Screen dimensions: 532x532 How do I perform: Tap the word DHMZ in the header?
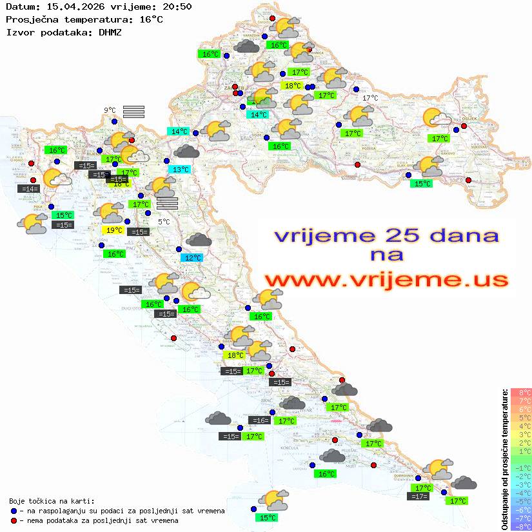(110, 32)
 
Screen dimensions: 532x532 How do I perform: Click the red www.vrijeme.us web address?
(386, 280)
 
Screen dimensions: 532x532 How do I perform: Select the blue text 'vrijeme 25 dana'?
(386, 235)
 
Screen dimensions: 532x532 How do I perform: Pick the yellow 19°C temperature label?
(113, 230)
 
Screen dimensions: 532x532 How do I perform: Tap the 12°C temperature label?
(192, 258)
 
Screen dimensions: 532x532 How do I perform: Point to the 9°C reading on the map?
(110, 110)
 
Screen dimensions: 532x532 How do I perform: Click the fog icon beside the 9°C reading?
(133, 112)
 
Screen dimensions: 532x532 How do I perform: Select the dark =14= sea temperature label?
(29, 189)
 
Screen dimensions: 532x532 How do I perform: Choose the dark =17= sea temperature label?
(419, 497)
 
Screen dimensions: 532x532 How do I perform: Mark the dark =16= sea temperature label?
(260, 420)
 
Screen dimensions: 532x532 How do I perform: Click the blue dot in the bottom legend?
(14, 511)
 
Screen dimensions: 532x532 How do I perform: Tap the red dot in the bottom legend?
(14, 520)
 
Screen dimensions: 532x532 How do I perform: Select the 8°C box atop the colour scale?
(520, 392)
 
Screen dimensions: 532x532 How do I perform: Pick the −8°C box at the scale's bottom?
(520, 526)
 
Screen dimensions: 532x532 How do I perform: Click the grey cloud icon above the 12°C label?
(199, 240)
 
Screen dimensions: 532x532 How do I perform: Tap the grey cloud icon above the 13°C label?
(187, 152)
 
